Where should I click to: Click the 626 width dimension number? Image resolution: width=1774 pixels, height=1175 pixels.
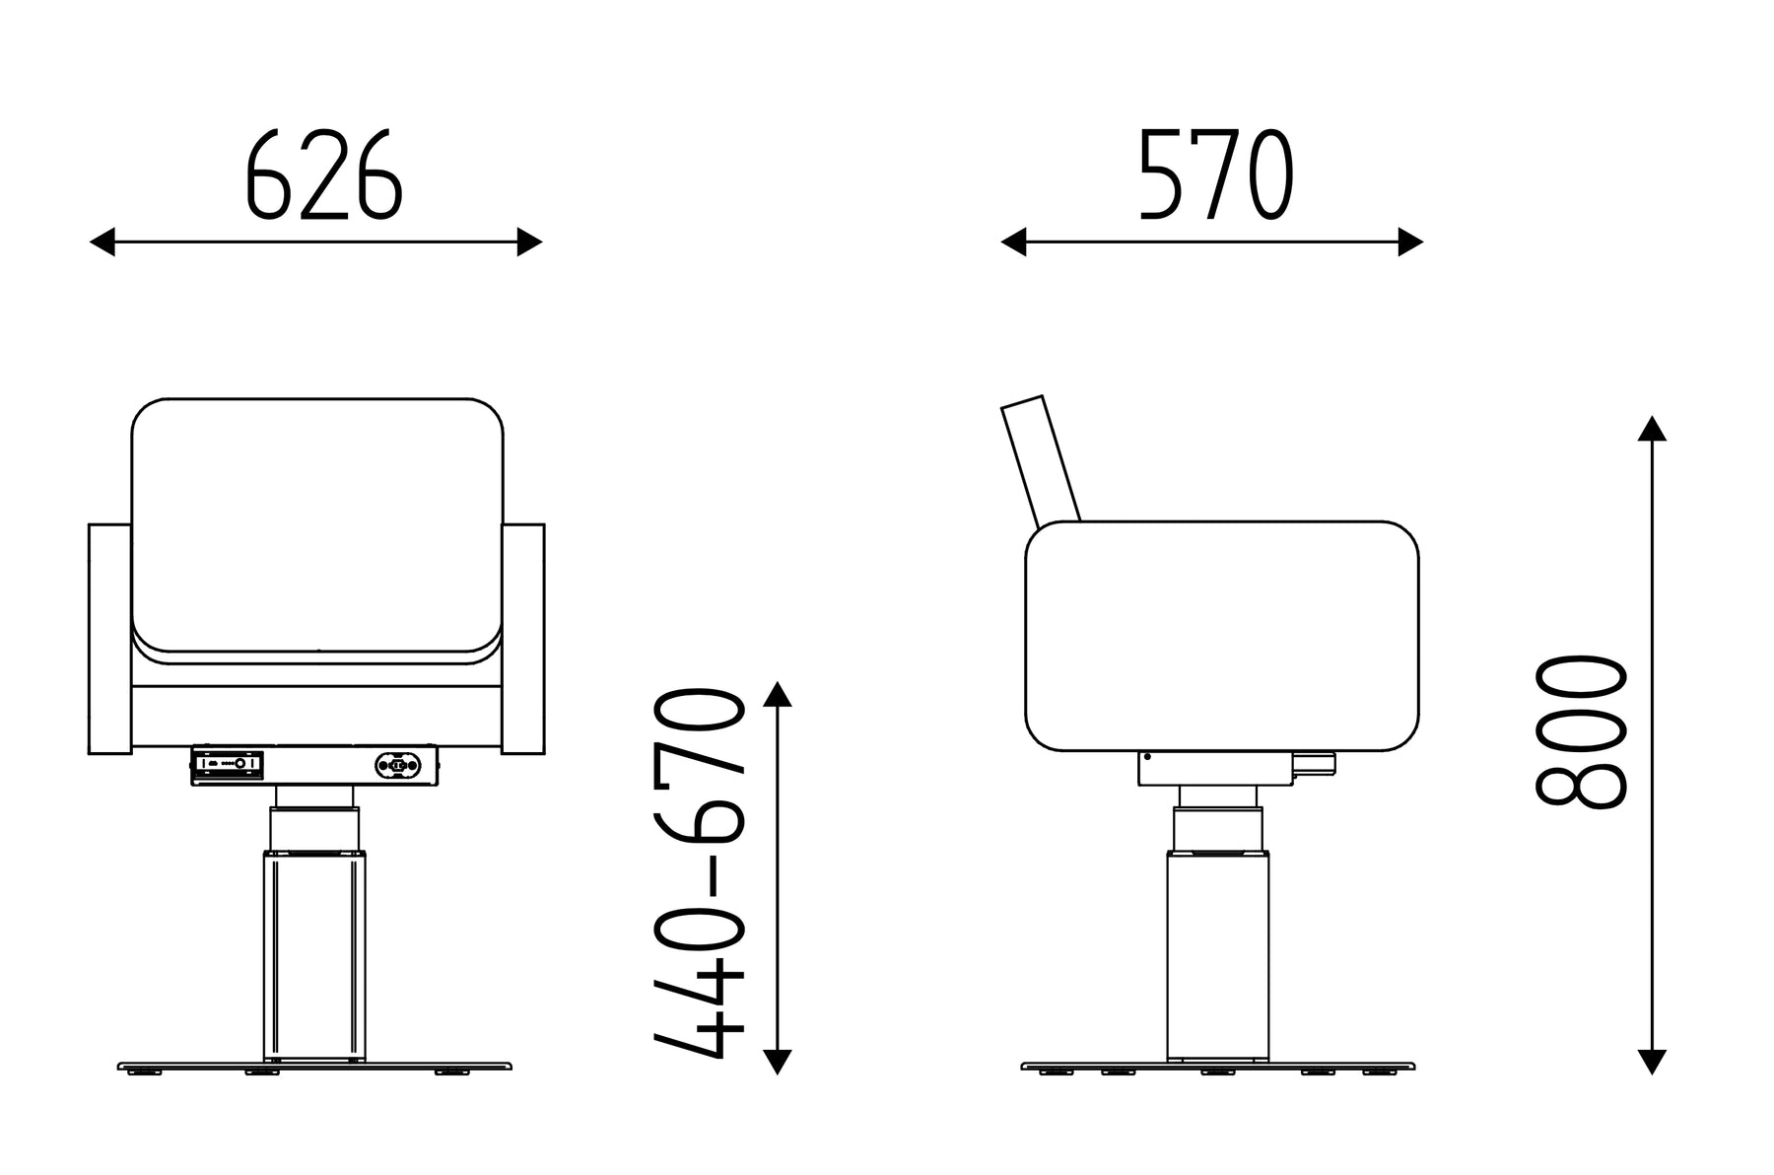point(323,174)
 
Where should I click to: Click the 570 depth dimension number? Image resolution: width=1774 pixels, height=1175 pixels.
point(1215,174)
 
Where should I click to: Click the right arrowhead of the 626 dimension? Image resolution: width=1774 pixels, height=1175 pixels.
point(530,242)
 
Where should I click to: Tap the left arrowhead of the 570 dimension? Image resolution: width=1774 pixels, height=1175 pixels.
point(1014,242)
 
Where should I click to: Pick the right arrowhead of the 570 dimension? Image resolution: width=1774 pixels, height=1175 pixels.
point(1410,242)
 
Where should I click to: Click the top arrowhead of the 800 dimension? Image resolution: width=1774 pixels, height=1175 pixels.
point(1652,428)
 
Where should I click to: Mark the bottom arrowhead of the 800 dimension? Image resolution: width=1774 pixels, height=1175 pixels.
point(1652,1061)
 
